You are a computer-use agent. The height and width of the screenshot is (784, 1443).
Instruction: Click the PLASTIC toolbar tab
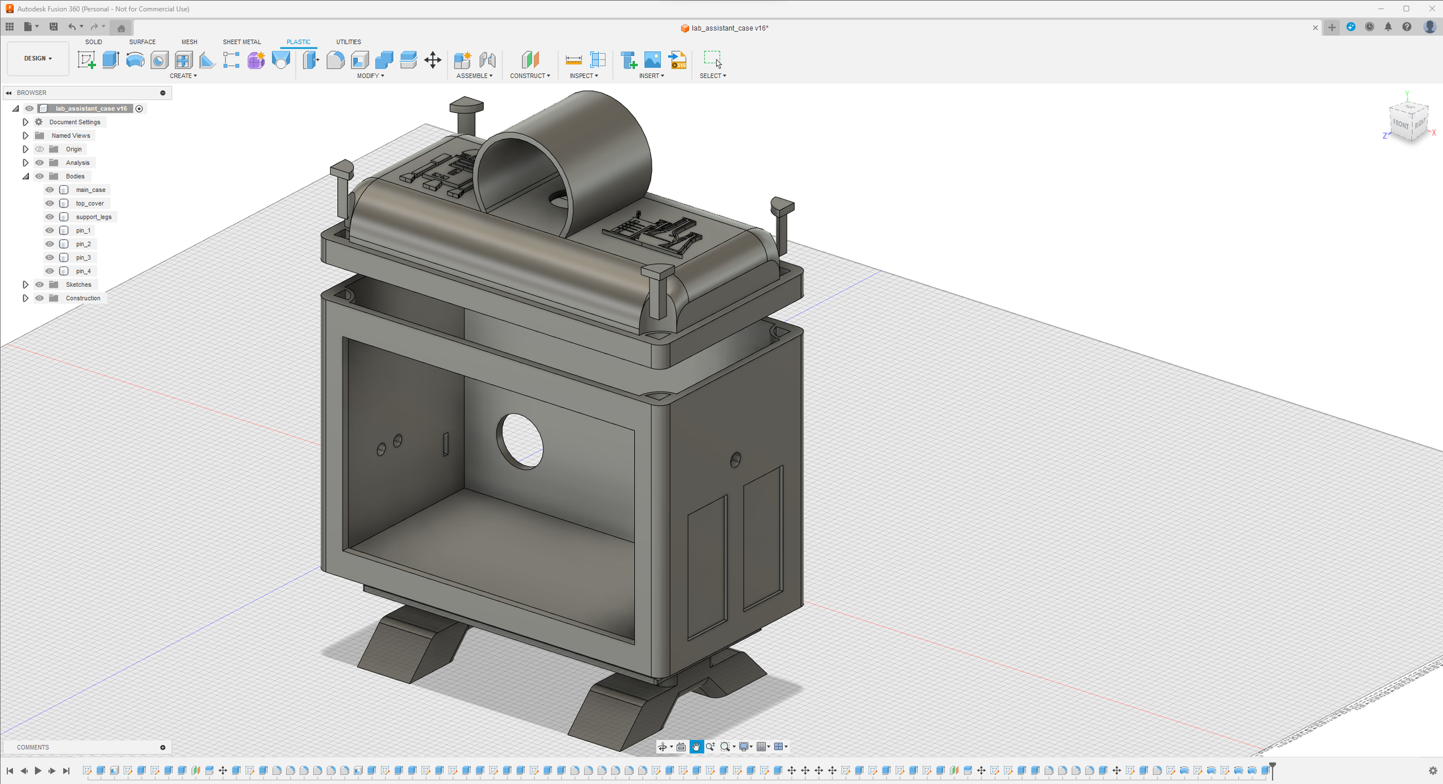[x=298, y=42]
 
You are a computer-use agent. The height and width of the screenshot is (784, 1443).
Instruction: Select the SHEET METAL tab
[x=242, y=42]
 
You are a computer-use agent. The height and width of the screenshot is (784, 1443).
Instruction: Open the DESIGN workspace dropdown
[x=38, y=58]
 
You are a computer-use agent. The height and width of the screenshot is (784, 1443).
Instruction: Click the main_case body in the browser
[x=90, y=190]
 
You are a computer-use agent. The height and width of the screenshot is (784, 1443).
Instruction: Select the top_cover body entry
[x=90, y=203]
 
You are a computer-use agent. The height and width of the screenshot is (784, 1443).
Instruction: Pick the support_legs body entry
[x=93, y=217]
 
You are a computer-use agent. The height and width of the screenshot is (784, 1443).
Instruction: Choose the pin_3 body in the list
[x=83, y=258]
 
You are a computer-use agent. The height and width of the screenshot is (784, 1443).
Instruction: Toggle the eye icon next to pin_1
[x=50, y=231]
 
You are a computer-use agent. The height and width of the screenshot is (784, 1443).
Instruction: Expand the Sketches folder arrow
[x=25, y=285]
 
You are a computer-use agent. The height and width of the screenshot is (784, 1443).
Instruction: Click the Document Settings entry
[x=75, y=122]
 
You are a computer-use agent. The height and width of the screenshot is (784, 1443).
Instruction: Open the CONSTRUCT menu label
[x=530, y=76]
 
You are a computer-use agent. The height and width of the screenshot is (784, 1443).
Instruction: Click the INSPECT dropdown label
[x=583, y=76]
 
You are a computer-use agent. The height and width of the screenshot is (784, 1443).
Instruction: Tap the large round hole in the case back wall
[x=521, y=441]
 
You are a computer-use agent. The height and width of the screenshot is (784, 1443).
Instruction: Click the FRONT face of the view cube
[x=1400, y=124]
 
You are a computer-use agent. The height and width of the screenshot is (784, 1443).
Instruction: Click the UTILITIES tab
[x=348, y=42]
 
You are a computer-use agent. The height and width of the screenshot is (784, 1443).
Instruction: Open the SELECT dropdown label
[x=712, y=76]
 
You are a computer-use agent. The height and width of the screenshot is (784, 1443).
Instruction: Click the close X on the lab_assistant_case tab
[x=1315, y=28]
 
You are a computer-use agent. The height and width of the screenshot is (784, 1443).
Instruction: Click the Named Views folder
[x=70, y=136]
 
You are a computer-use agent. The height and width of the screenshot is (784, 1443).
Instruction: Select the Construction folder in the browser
[x=83, y=298]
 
